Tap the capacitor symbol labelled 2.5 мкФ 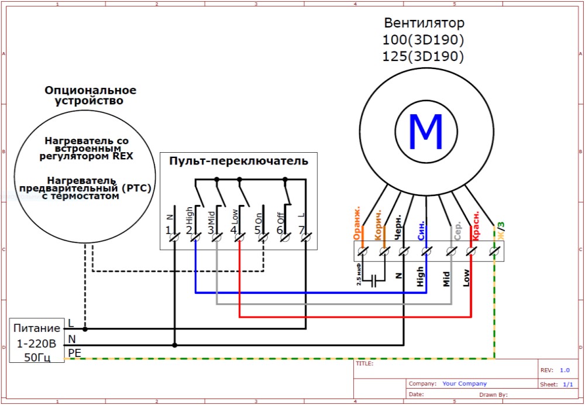[374, 279]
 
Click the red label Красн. [476, 226]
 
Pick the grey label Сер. [458, 231]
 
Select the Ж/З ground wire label [501, 230]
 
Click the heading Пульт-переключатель [239, 162]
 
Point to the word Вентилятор [424, 23]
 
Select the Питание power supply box [37, 341]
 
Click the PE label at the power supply [74, 352]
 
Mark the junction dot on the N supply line [174, 345]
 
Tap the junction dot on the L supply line [85, 330]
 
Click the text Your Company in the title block [464, 384]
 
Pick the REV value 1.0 [565, 370]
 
